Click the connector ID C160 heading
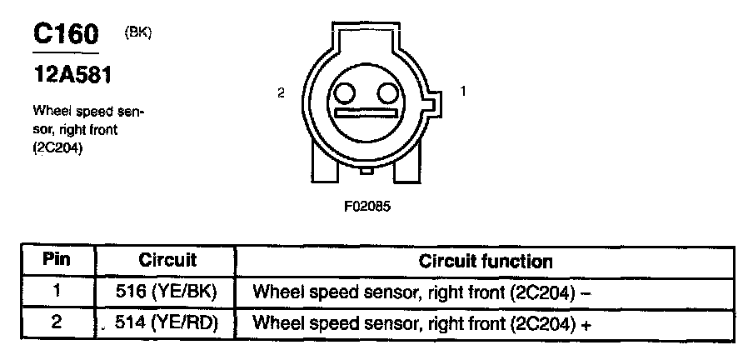tap(66, 35)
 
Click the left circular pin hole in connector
tap(346, 92)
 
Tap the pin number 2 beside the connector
tap(282, 93)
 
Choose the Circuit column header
tap(167, 260)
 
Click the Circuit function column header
tap(486, 261)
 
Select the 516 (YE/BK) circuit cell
tap(167, 292)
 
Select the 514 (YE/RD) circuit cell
tap(167, 322)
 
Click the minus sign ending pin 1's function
tap(586, 292)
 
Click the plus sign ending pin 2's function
tap(586, 324)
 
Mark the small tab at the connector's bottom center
tap(367, 172)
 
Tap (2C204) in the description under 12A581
tap(59, 147)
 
